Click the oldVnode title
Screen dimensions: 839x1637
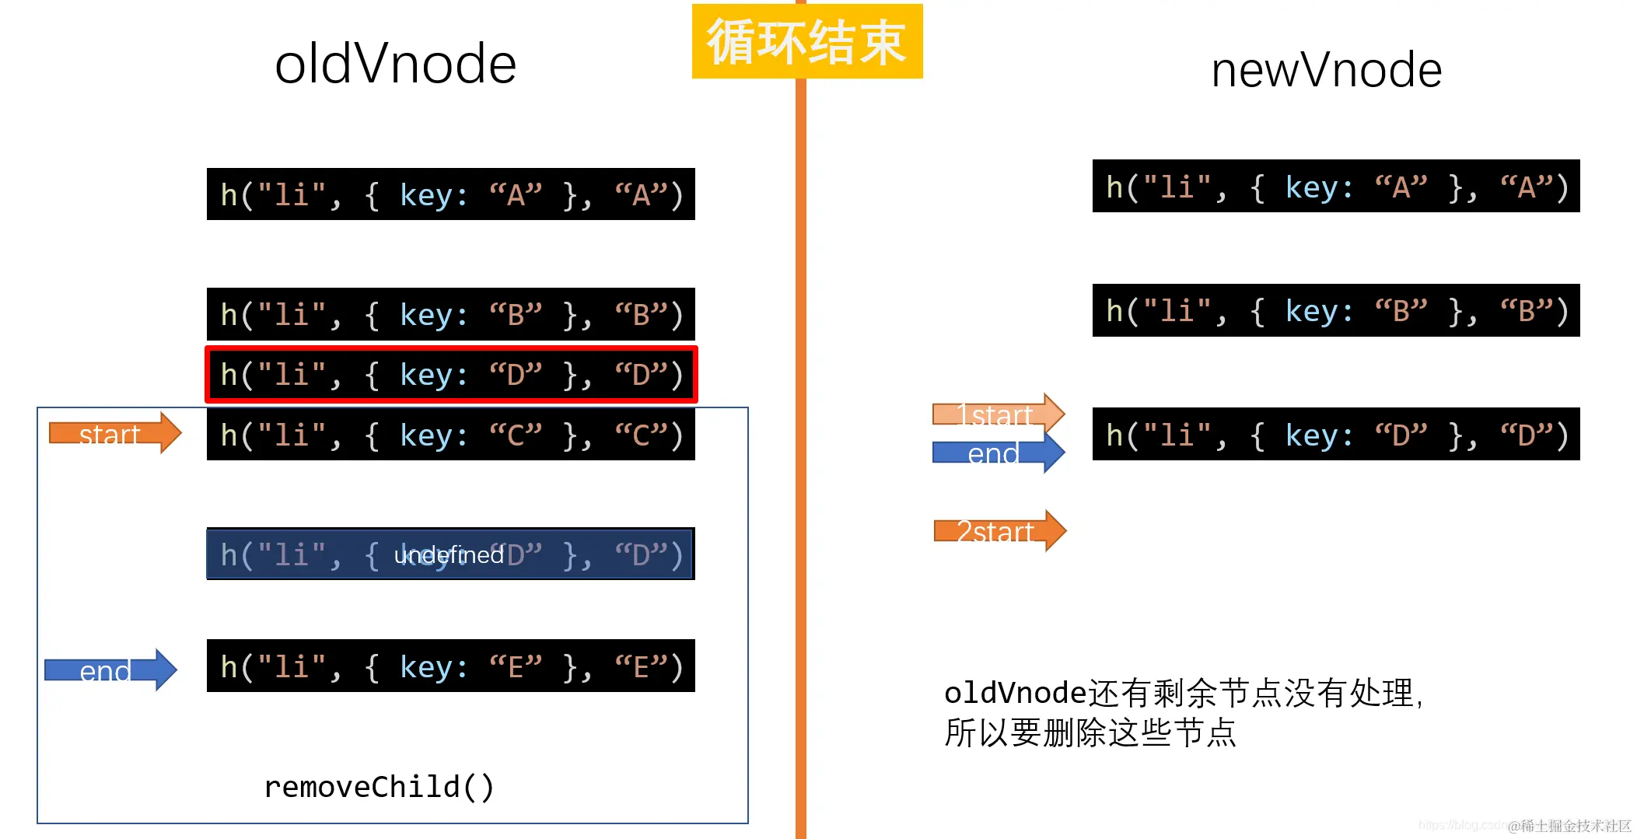point(395,64)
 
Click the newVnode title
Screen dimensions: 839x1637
point(1326,70)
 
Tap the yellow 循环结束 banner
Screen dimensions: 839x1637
point(806,41)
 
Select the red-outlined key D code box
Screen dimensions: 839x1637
point(451,375)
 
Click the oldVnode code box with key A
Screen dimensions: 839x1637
point(451,194)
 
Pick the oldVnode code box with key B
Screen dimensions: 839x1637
point(451,314)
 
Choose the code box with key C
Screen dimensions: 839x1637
point(451,435)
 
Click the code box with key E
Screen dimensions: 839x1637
point(451,666)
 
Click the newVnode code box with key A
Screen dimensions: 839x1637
point(1335,187)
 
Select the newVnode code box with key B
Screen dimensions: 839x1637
point(1335,310)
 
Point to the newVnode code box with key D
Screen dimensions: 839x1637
point(1335,435)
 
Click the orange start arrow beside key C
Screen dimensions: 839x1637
point(114,433)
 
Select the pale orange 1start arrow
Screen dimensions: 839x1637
point(998,414)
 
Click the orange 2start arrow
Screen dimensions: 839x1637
point(999,531)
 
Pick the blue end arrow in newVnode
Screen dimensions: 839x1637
point(998,452)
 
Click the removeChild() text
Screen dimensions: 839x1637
point(379,787)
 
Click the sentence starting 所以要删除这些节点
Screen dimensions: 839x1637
point(1090,732)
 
